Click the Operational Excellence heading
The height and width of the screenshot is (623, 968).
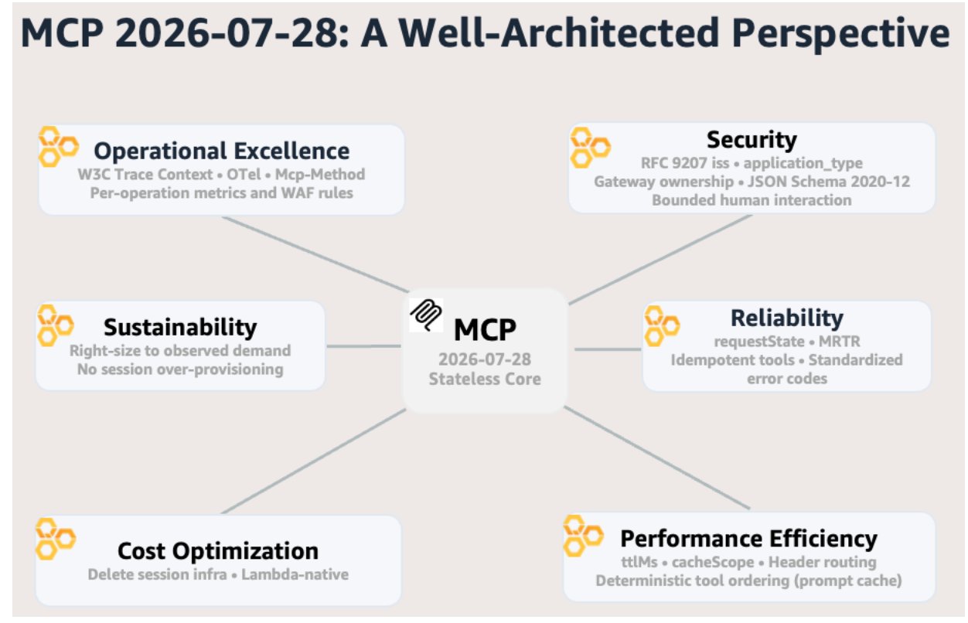point(222,151)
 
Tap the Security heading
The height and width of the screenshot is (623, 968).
point(752,140)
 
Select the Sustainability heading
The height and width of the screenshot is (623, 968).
point(180,327)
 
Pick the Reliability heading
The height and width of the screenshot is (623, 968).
point(786,318)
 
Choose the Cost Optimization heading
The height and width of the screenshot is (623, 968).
point(218,551)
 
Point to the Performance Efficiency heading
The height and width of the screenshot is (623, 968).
point(748,539)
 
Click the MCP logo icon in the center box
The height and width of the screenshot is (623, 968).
point(426,315)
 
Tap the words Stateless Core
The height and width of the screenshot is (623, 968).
point(485,379)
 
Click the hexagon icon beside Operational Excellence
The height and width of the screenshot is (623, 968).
point(58,147)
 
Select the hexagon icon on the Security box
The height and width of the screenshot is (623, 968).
point(590,148)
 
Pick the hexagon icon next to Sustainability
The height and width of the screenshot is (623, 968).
point(56,325)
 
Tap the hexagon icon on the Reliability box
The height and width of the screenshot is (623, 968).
point(662,327)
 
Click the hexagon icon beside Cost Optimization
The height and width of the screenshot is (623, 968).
point(56,539)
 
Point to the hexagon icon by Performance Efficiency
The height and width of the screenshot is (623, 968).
point(584,536)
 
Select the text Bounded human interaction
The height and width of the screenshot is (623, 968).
point(752,200)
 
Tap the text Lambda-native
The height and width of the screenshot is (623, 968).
point(295,574)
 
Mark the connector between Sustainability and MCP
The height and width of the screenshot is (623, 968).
point(364,346)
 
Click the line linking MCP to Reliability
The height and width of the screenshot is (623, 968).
point(608,349)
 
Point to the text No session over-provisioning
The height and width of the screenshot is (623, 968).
point(180,369)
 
